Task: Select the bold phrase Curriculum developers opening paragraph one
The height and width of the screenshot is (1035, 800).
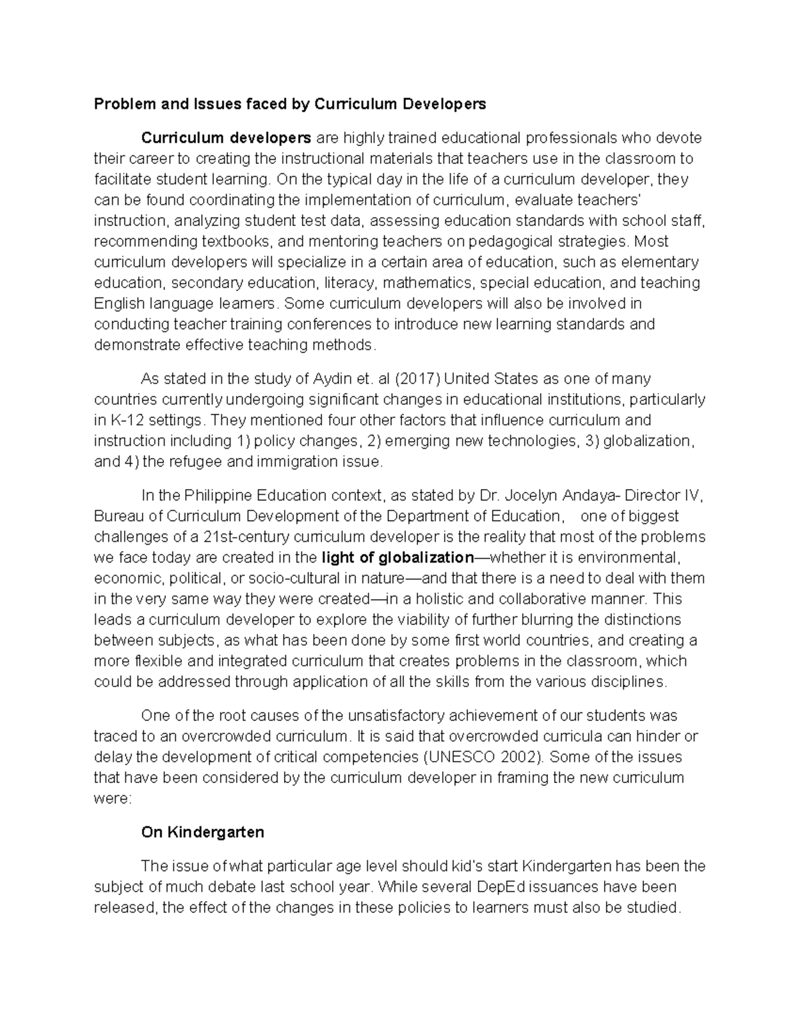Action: [x=226, y=138]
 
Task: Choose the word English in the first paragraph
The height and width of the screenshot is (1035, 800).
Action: [x=119, y=304]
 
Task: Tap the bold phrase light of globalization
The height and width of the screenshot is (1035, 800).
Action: [x=397, y=558]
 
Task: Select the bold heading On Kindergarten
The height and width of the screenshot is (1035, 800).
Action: [x=203, y=832]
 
